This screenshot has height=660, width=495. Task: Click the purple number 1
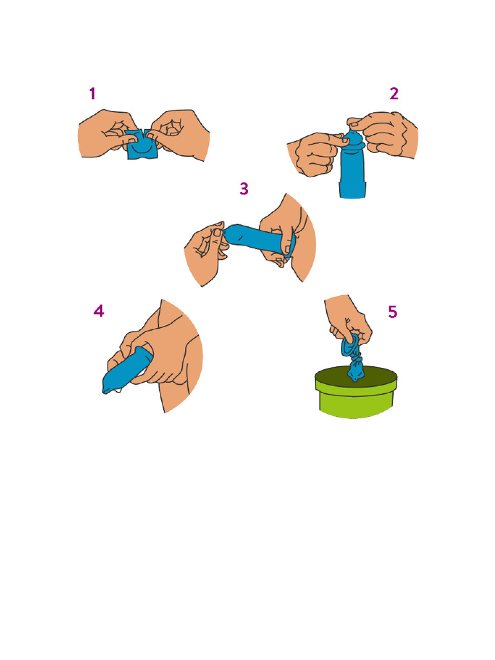click(92, 94)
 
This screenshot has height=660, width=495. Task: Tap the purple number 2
click(394, 94)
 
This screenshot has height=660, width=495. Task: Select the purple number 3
click(244, 189)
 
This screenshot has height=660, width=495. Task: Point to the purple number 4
click(99, 311)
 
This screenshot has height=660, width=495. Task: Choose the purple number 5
click(393, 312)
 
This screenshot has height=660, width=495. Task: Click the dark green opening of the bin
click(354, 377)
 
